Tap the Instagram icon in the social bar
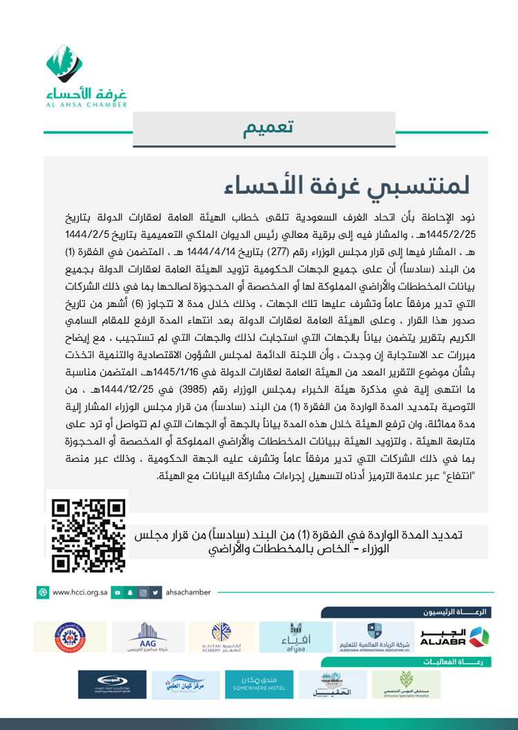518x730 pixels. click(142, 592)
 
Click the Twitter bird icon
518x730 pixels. click(156, 592)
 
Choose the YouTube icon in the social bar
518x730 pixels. click(118, 592)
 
